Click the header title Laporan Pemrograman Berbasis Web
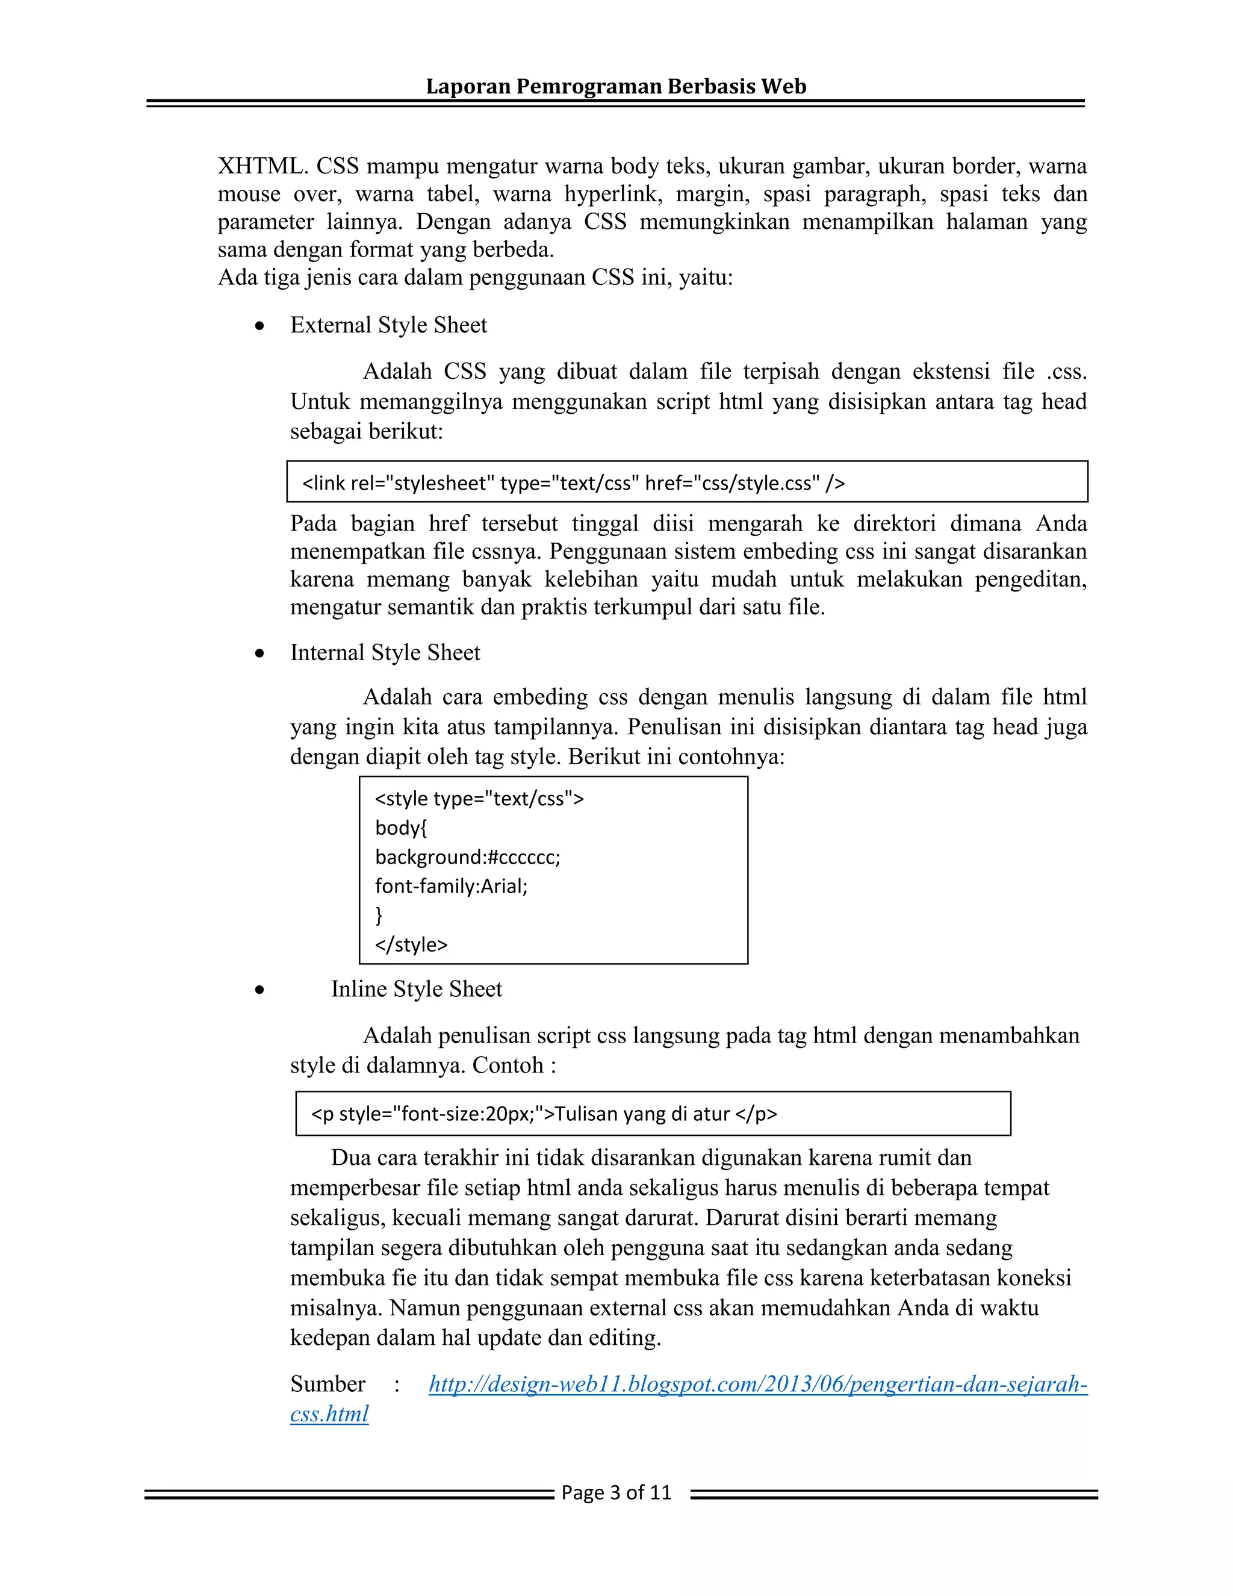pos(616,86)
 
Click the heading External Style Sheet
pos(388,325)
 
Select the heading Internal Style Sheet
pos(385,653)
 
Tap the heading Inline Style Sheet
pos(417,989)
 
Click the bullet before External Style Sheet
pos(259,326)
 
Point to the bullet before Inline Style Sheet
pos(259,991)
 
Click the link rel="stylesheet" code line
pos(573,483)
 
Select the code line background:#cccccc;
pos(467,856)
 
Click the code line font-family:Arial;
pos(451,886)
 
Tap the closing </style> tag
pos(411,944)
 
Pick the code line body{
pos(400,828)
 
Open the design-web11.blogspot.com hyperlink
pos(757,1384)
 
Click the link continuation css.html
pos(329,1414)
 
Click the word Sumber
pos(328,1384)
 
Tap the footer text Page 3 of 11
pos(616,1492)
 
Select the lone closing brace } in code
pos(378,915)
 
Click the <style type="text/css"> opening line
pos(479,798)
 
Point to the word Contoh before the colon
pos(508,1065)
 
